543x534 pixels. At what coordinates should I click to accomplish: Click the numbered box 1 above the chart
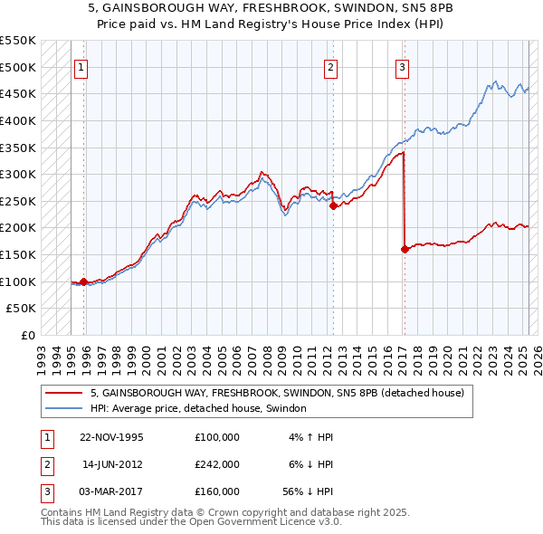tap(81, 67)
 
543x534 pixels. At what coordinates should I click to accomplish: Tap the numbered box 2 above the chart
tap(331, 67)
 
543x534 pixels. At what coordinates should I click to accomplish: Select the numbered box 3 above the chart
tap(402, 67)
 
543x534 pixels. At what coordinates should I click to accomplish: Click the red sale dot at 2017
tap(404, 250)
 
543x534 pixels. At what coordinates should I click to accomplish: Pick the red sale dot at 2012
tap(332, 205)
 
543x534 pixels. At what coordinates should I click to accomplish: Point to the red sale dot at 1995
tap(83, 281)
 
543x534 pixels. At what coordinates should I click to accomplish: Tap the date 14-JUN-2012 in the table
tap(112, 464)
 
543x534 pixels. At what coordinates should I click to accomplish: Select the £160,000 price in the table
tap(217, 492)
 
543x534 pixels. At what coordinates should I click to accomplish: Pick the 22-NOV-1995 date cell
tap(112, 437)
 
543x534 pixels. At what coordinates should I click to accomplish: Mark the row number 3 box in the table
tap(45, 492)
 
